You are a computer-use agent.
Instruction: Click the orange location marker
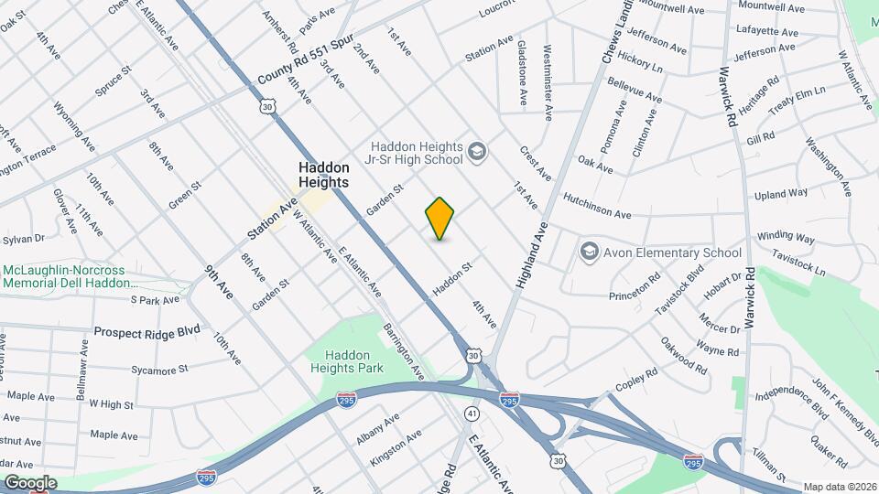point(439,219)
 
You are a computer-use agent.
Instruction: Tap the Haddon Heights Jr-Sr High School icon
point(476,150)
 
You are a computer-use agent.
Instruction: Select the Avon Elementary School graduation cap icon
point(589,251)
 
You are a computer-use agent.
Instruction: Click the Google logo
point(29,482)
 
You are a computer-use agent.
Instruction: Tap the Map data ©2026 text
point(839,487)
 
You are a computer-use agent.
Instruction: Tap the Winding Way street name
point(786,237)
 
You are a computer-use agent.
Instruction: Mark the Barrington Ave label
point(404,352)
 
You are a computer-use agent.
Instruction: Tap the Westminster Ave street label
point(548,82)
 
